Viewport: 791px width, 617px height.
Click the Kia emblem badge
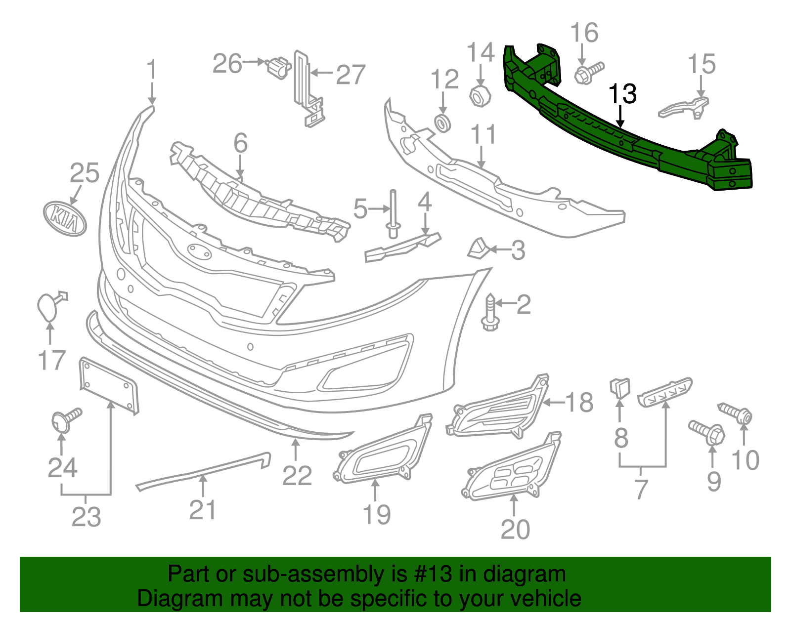coord(65,218)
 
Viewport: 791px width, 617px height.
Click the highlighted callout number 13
coord(622,94)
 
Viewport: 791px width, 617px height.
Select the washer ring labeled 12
coord(442,123)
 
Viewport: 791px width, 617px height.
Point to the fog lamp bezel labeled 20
coord(512,468)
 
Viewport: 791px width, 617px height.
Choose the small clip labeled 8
coord(620,388)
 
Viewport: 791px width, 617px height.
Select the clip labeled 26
coord(278,67)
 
